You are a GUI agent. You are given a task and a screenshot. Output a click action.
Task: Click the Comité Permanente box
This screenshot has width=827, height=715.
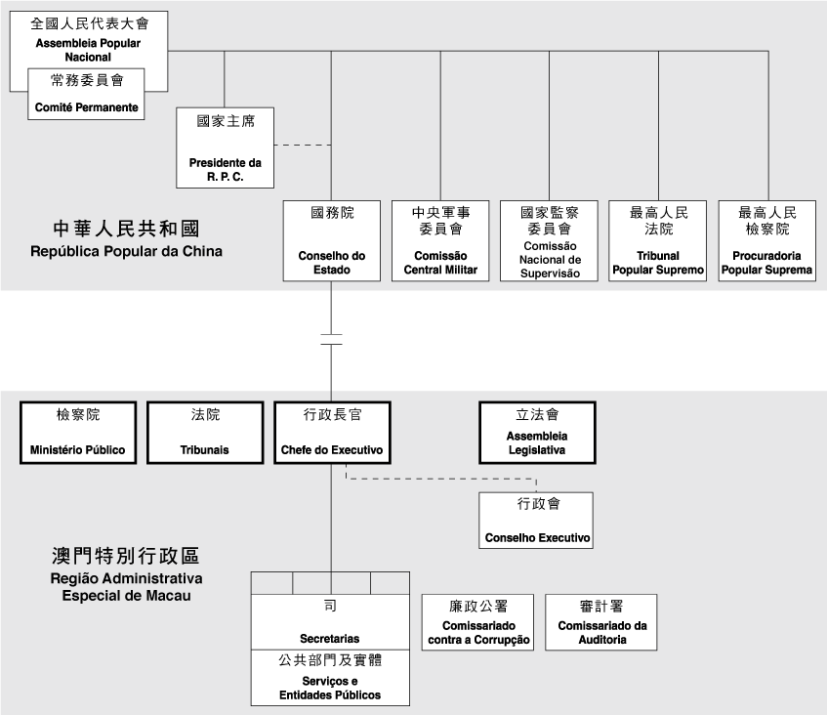86,93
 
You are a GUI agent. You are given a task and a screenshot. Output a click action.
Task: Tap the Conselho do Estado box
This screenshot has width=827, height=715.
331,240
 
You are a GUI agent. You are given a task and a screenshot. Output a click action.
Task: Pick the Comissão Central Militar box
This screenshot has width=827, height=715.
440,240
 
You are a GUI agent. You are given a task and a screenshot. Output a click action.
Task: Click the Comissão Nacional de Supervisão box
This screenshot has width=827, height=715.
549,240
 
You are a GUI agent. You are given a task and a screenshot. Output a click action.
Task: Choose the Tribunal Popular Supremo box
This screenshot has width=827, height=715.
658,240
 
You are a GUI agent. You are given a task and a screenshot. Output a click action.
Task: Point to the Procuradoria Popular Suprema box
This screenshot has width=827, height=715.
767,240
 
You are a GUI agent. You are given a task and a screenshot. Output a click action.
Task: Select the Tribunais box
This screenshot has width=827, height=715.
205,432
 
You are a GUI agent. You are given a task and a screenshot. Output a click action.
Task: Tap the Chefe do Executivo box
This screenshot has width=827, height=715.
331,432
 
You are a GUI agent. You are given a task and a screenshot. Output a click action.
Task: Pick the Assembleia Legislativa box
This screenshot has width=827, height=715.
537,432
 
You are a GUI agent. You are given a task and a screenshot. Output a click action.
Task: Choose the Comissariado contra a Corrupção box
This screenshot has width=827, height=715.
478,622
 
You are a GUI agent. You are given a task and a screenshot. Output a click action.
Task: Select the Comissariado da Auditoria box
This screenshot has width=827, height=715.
601,622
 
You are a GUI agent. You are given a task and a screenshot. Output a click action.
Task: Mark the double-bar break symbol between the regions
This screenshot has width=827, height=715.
331,339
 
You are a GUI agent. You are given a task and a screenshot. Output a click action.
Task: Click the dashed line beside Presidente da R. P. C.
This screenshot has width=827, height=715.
303,146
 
